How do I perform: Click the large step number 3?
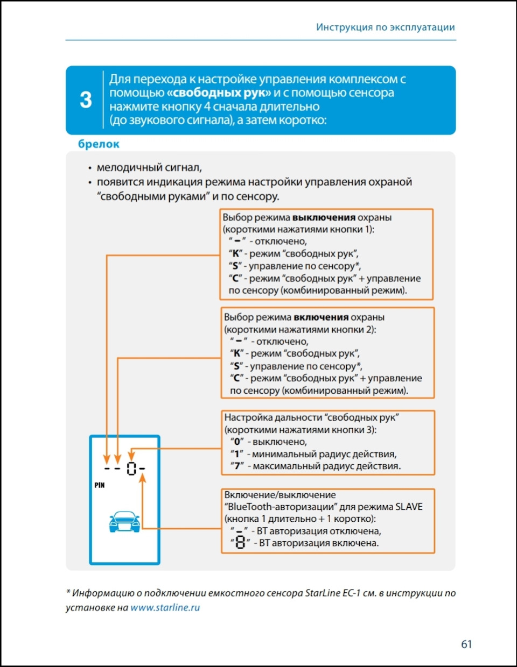click(86, 100)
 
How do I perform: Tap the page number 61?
click(466, 644)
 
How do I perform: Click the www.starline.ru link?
click(165, 608)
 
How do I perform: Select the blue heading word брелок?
click(99, 144)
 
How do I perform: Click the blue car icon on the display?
click(124, 521)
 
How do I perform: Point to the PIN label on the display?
click(100, 485)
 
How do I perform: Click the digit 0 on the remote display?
click(131, 469)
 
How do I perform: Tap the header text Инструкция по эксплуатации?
click(385, 27)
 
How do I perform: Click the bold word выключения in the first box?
click(324, 218)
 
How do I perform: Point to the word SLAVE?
click(409, 507)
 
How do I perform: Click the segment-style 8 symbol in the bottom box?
click(240, 542)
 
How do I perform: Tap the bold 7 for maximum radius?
click(237, 466)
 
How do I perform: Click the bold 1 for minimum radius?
click(236, 454)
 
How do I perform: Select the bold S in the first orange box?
click(235, 266)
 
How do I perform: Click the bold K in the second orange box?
click(236, 354)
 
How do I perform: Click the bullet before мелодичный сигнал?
click(90, 168)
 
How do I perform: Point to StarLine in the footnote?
click(322, 593)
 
